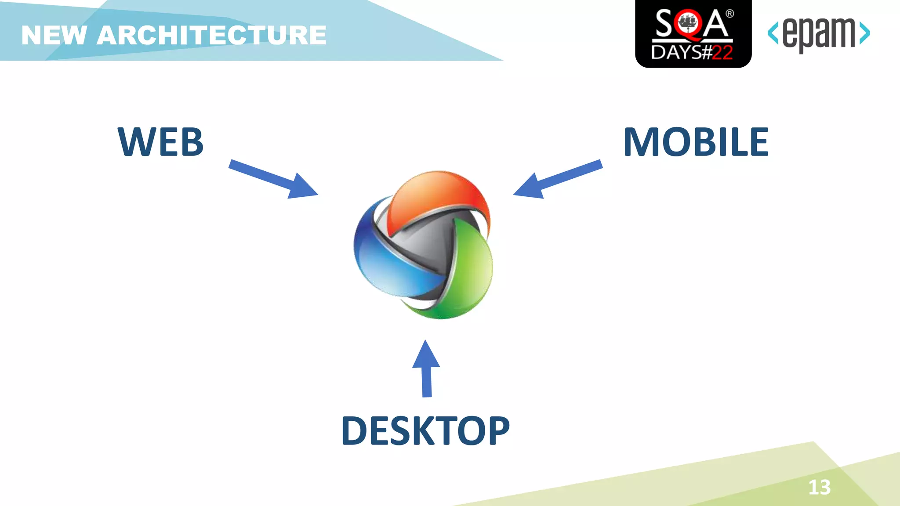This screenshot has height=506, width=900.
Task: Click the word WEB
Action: point(160,142)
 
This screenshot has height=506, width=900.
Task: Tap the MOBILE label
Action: point(696,142)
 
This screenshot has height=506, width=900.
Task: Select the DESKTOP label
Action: point(425,431)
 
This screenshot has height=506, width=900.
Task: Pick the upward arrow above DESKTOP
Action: point(426,369)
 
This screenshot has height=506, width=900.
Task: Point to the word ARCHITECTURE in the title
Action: point(211,35)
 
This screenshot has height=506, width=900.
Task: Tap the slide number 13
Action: point(820,487)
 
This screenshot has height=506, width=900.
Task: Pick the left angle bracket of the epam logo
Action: point(773,33)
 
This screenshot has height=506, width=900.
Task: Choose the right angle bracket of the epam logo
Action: point(864,33)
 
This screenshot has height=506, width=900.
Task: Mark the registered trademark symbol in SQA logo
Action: point(729,14)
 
